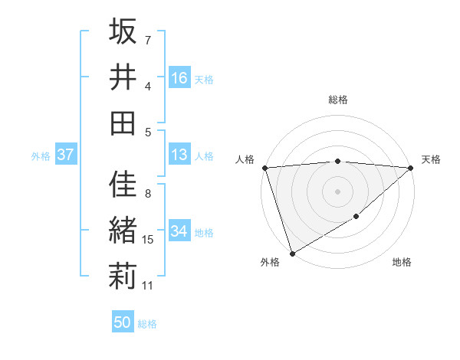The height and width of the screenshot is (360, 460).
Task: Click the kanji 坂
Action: pos(123,33)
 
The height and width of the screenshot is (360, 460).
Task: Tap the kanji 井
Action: pos(123,77)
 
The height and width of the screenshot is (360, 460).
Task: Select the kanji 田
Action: pos(123,123)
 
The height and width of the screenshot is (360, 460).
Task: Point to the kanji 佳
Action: pos(123,185)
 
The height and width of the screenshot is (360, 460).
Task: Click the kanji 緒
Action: pos(123,231)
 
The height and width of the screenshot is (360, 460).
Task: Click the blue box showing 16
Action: pos(179,78)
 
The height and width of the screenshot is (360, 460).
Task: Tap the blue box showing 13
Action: pos(179,155)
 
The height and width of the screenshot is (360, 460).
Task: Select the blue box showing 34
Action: pos(179,231)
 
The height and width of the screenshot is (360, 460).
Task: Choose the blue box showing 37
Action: pos(65,155)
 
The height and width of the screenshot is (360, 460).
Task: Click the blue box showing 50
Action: pos(123,322)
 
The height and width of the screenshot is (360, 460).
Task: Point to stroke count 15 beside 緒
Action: pos(149,240)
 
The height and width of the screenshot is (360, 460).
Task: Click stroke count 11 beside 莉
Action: pos(148,286)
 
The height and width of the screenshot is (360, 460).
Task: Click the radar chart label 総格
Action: pos(337,100)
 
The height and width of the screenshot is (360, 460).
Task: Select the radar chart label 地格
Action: pos(402,263)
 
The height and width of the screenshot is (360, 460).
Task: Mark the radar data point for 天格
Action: pos(411,167)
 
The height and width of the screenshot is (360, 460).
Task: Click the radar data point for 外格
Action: pos(292,253)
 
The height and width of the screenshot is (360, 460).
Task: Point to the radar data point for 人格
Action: pos(264,167)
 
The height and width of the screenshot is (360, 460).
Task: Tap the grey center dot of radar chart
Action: pos(337,191)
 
